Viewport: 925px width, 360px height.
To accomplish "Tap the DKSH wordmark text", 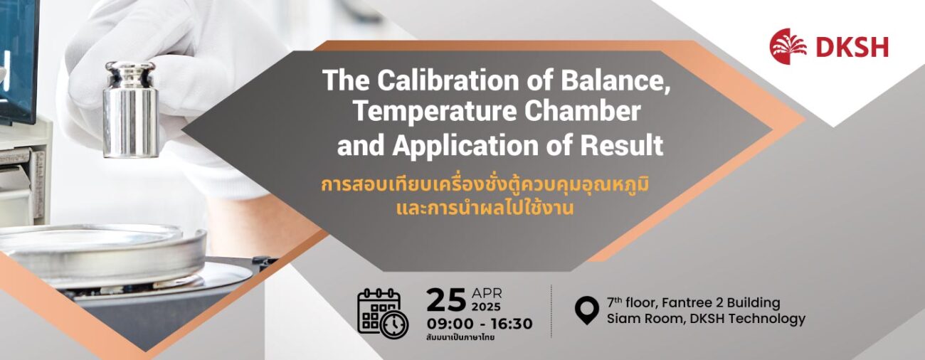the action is [x=852, y=47].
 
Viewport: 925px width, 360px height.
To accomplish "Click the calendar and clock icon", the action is [x=383, y=313].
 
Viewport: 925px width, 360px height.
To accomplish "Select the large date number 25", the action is [x=446, y=300].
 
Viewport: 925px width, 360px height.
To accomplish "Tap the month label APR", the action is [x=487, y=294].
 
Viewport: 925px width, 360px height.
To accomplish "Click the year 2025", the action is [x=487, y=307].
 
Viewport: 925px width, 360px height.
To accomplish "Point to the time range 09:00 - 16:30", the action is [x=480, y=324].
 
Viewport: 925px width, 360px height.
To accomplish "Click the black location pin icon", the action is [x=587, y=310].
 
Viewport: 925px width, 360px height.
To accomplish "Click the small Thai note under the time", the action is [x=461, y=337].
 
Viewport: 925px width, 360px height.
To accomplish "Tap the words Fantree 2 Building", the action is [x=721, y=302].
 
